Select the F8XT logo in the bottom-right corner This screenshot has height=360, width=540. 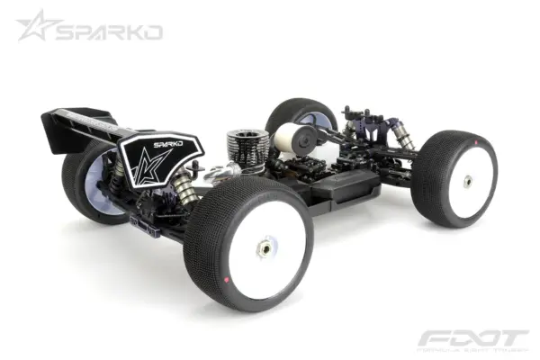[472, 340]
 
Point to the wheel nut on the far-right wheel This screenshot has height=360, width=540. [468, 180]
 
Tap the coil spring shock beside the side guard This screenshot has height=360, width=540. [184, 193]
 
